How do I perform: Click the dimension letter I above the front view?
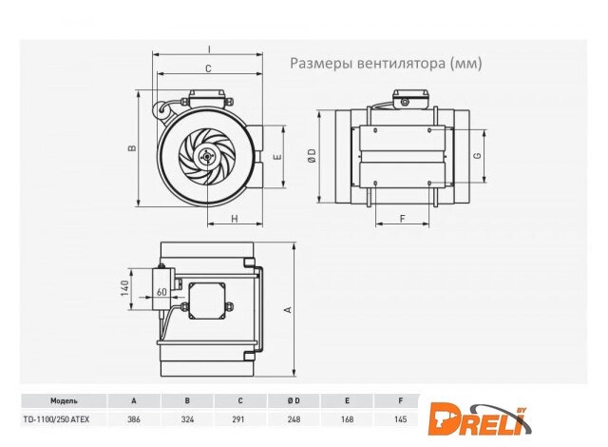pos(209,49)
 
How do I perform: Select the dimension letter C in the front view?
pos(208,68)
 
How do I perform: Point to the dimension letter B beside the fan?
pos(132,147)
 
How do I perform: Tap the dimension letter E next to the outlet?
pos(277,157)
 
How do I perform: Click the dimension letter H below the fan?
pos(235,219)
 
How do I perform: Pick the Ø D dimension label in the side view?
pos(313,156)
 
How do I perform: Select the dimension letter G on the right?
pos(478,155)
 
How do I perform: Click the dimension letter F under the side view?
pos(403,219)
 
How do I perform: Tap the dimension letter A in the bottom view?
pos(288,309)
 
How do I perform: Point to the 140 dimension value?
pos(124,288)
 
